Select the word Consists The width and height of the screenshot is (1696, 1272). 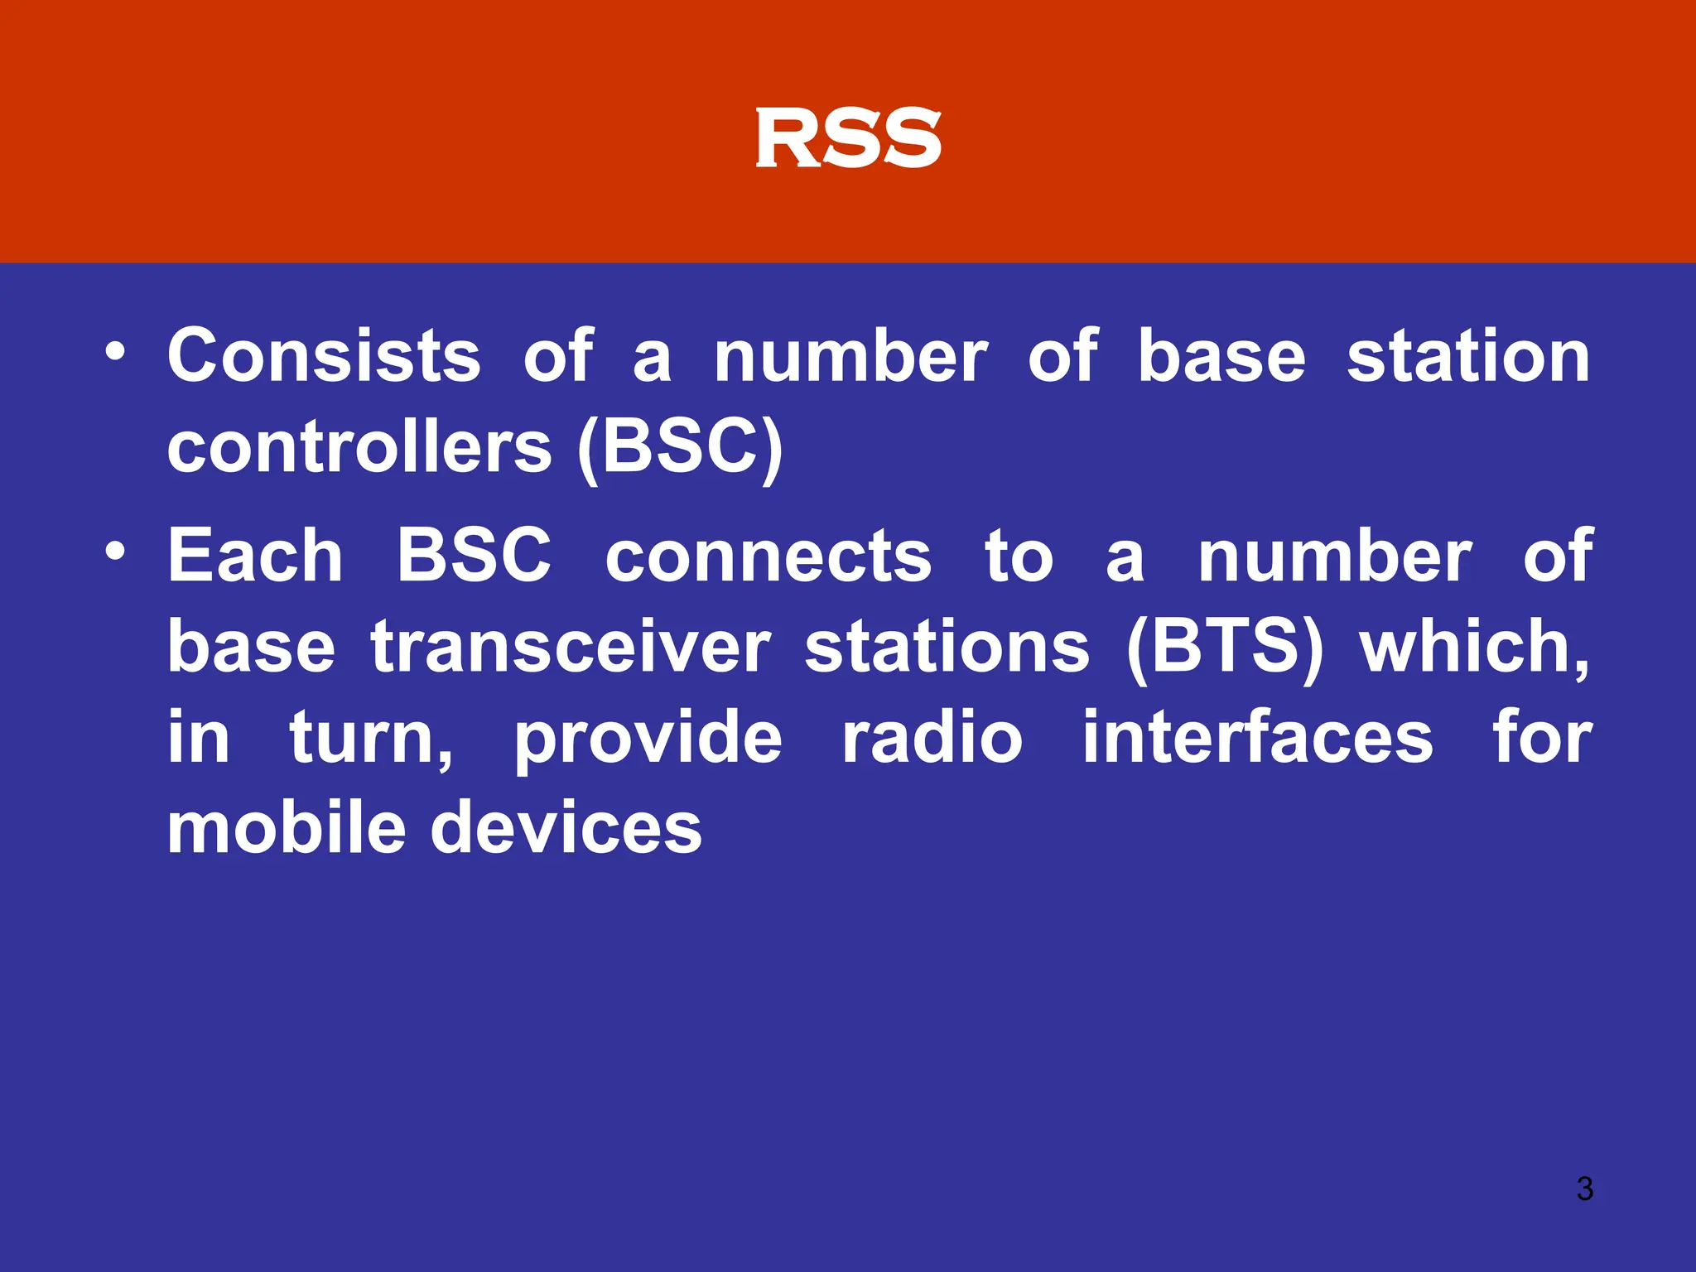(x=324, y=356)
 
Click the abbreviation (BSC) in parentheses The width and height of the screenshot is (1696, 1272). (x=679, y=447)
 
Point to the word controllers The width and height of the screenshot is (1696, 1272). (x=359, y=447)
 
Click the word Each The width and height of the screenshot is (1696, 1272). (x=255, y=556)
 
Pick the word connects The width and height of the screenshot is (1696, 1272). (x=768, y=557)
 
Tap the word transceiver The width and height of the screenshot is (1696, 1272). (x=571, y=648)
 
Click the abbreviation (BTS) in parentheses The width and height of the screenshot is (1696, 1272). (x=1225, y=648)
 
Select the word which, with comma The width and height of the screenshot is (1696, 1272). (x=1475, y=648)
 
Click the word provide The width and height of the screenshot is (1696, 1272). (x=648, y=739)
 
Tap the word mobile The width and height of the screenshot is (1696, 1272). (x=286, y=827)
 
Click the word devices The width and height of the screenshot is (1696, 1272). (x=566, y=827)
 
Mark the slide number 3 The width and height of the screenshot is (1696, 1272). (x=1584, y=1188)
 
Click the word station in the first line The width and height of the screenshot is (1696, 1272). (x=1468, y=356)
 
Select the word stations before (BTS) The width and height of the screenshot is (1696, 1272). (x=947, y=648)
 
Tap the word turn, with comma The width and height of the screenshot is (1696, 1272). (x=371, y=739)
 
